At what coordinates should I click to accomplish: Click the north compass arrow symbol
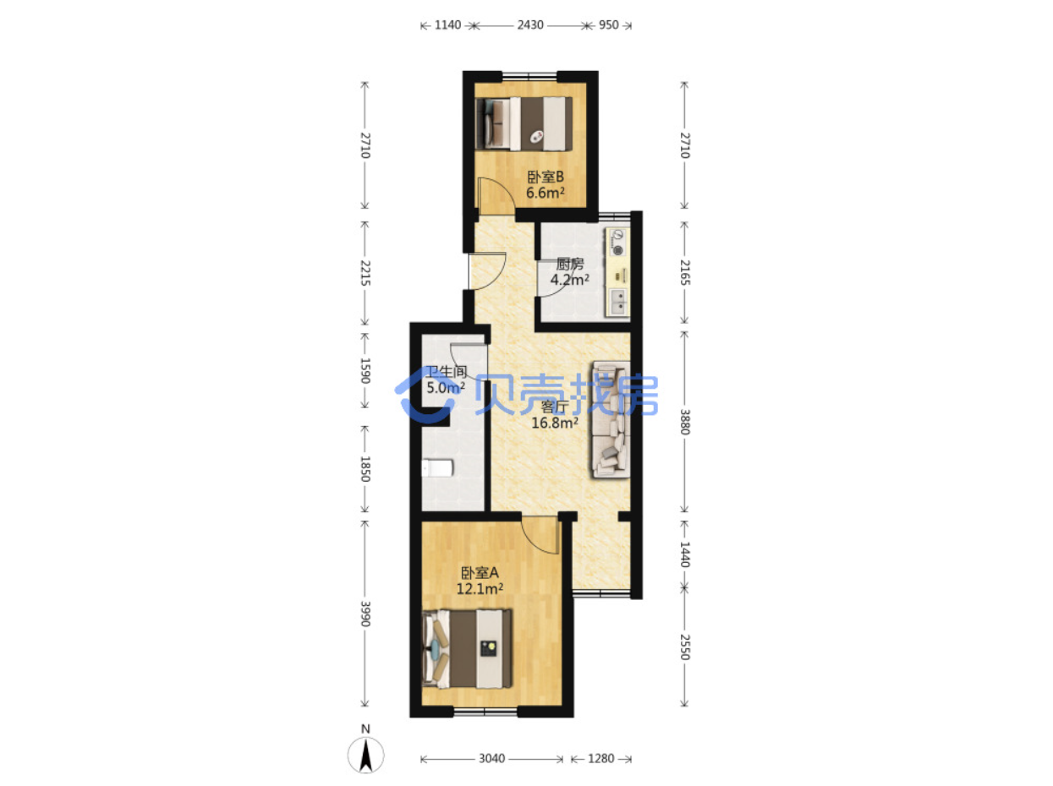(365, 756)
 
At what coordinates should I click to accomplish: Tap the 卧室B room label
(545, 177)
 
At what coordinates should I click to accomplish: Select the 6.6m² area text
(545, 193)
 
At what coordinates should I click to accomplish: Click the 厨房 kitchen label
(569, 264)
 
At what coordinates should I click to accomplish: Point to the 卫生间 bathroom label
(446, 371)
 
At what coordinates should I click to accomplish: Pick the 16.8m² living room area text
(554, 423)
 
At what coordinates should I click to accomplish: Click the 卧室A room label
(480, 572)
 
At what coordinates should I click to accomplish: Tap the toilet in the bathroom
(437, 468)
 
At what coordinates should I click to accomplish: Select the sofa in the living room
(611, 419)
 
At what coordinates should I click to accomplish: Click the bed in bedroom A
(467, 648)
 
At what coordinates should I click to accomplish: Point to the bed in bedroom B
(524, 123)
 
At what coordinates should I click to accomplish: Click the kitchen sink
(618, 302)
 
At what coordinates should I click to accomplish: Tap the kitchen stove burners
(618, 242)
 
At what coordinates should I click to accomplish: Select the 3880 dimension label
(684, 422)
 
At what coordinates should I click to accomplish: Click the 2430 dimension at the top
(529, 25)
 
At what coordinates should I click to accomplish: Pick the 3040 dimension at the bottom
(491, 759)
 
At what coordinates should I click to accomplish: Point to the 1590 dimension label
(365, 370)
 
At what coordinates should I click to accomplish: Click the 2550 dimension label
(684, 647)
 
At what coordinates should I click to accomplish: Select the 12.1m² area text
(480, 588)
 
